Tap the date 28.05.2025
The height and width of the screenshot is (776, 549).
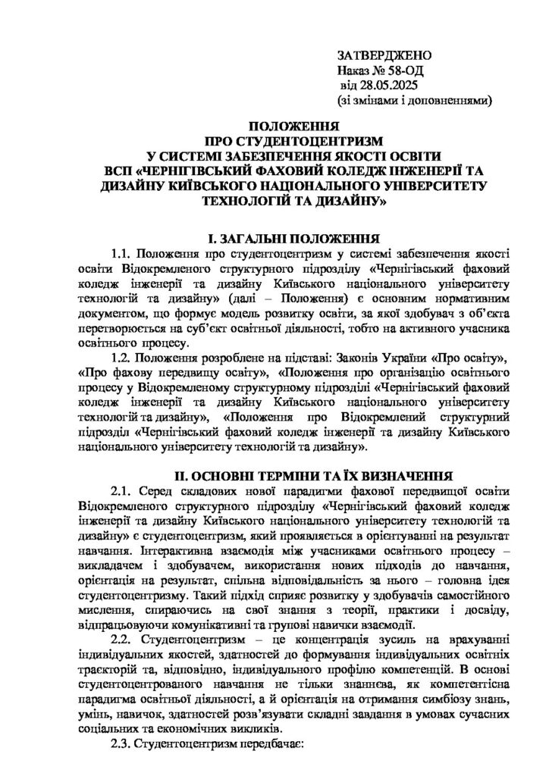pyautogui.click(x=391, y=86)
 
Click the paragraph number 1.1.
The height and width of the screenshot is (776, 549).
pyautogui.click(x=123, y=254)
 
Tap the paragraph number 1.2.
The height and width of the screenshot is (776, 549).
pyautogui.click(x=123, y=355)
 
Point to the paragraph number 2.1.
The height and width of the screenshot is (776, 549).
pyautogui.click(x=123, y=493)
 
